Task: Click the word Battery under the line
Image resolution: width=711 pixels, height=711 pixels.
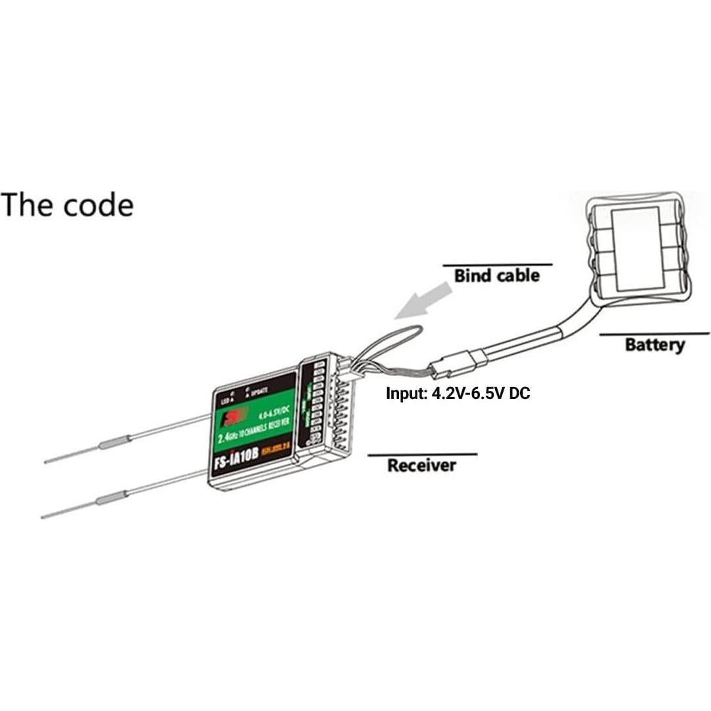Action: click(654, 344)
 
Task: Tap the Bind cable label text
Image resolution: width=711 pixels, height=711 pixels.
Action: click(496, 275)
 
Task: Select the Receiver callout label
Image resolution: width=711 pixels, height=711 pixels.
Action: click(421, 465)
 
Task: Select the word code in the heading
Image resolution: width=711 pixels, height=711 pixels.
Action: click(99, 205)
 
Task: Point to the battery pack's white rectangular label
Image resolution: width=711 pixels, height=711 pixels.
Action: click(635, 248)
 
